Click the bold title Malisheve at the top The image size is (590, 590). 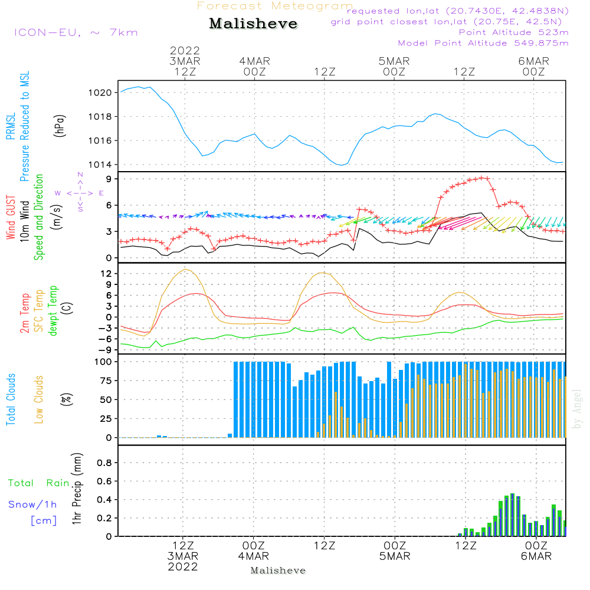tap(253, 24)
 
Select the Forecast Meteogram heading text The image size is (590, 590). tap(274, 6)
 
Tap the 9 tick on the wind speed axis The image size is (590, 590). tap(109, 179)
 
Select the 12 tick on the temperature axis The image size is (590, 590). tap(107, 273)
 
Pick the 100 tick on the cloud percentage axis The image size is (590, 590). tap(103, 362)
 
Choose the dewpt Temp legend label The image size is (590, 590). tap(54, 311)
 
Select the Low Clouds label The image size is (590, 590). tap(39, 399)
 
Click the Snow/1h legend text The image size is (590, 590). tap(33, 504)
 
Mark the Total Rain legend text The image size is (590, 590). tap(38, 483)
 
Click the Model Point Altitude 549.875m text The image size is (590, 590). tap(483, 43)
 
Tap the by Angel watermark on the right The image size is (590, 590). tap(577, 408)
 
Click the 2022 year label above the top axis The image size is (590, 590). tap(185, 51)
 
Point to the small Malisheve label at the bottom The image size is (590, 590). tap(278, 571)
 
